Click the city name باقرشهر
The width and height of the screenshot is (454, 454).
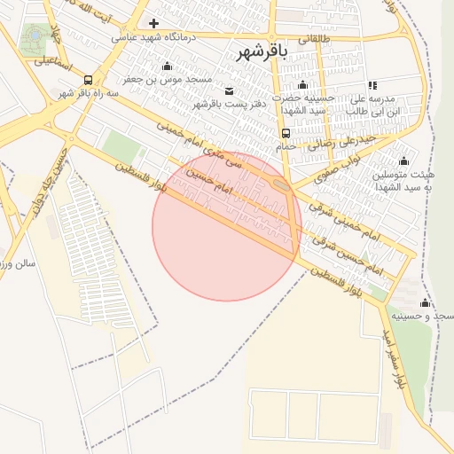pos(263,53)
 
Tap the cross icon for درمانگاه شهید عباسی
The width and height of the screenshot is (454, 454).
pos(154,23)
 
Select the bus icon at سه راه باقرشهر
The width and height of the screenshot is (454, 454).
pos(87,80)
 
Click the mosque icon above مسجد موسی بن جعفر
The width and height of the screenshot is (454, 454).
pos(167,67)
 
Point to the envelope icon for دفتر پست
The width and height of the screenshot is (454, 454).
pos(230,91)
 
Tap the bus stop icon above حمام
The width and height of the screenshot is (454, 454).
pos(285,132)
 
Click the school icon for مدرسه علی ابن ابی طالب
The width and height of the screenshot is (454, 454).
pos(372,86)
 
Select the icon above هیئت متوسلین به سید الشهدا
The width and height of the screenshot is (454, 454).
pos(403,160)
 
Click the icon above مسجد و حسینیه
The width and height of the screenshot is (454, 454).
pos(425,303)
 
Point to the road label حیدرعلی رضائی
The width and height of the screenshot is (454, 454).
pos(351,139)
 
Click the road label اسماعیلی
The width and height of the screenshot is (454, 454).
pos(54,62)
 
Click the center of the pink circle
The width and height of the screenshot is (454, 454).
pos(226,226)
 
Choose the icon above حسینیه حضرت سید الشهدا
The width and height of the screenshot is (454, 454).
pos(302,86)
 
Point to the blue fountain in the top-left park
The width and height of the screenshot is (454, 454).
pos(35,35)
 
